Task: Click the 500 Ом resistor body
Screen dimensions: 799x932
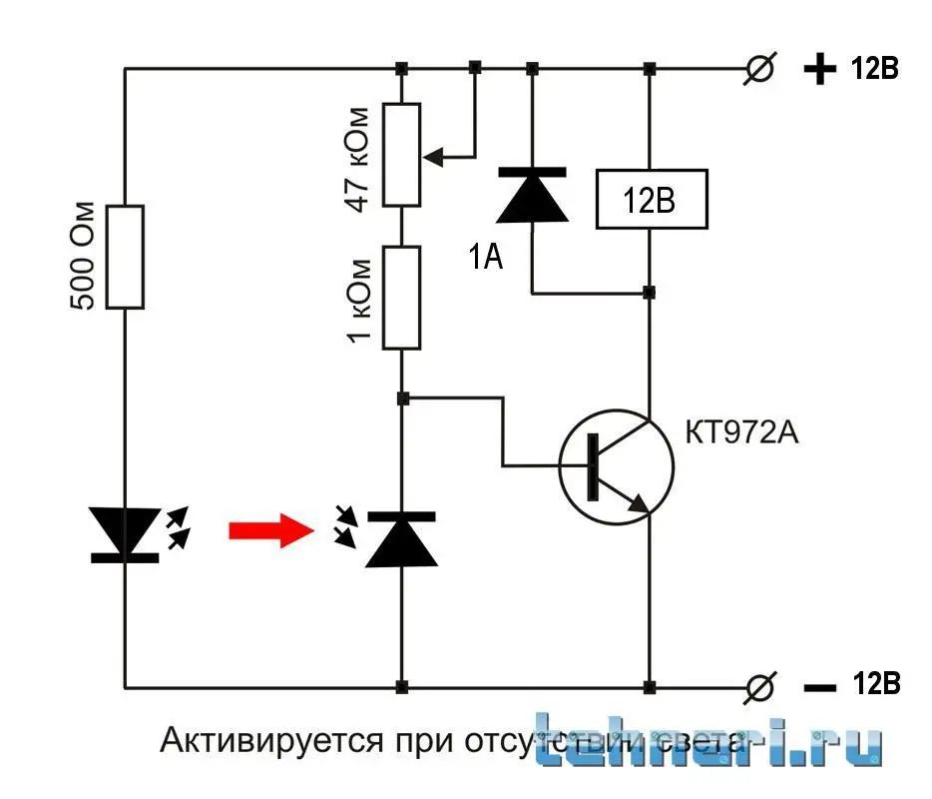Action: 126,257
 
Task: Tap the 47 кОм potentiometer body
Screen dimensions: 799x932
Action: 402,155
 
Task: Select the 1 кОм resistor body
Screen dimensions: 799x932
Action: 402,299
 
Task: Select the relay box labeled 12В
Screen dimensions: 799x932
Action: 651,200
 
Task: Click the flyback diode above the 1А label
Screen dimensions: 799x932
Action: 532,195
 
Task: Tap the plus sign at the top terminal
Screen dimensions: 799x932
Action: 819,70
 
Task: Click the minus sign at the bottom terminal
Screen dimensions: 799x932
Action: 819,687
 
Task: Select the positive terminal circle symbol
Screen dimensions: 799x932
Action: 761,70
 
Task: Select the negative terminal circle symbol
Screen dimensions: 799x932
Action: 761,687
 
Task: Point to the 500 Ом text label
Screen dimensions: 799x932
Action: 86,257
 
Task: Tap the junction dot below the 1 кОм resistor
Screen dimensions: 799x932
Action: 402,399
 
